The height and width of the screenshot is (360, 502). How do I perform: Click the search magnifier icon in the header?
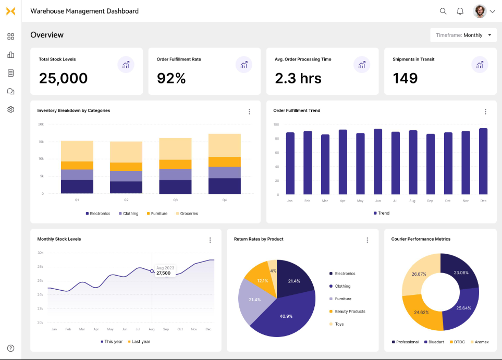(443, 11)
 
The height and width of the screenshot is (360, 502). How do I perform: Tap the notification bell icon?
(460, 11)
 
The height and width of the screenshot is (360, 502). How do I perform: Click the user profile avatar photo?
(480, 11)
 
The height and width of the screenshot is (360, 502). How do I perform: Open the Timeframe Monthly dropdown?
(463, 35)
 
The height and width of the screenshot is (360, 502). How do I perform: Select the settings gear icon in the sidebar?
(10, 109)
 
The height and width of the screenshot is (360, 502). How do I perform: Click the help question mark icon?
(10, 348)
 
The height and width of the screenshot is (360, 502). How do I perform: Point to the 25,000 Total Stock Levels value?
(63, 78)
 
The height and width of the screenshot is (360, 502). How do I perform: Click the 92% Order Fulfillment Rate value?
(172, 78)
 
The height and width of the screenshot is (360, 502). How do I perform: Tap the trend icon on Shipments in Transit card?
(480, 65)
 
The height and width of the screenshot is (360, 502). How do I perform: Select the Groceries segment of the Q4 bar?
(225, 145)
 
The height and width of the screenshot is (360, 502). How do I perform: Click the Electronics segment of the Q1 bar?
(77, 187)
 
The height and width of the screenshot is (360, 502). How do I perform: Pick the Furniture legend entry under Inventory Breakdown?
(157, 214)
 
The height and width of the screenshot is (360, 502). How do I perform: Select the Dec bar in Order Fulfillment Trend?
(483, 162)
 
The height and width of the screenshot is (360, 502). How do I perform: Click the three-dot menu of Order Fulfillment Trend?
(485, 111)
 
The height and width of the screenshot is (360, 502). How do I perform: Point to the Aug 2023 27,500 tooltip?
(165, 270)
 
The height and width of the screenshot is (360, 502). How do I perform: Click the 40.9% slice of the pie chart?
(285, 315)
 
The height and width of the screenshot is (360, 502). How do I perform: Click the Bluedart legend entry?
(434, 342)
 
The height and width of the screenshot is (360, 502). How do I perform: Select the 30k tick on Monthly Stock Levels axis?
(40, 253)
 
